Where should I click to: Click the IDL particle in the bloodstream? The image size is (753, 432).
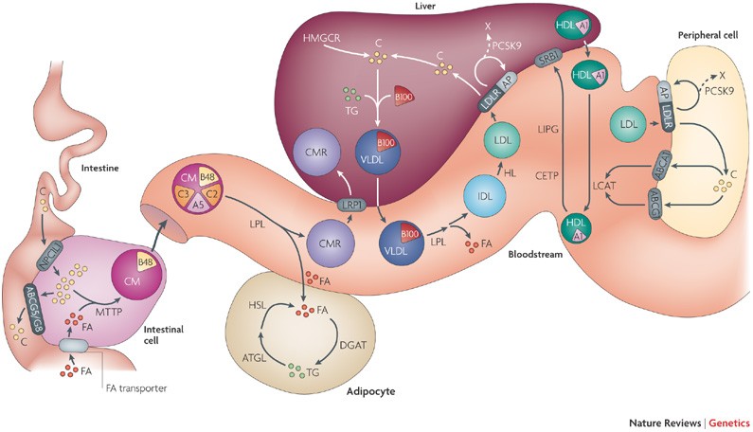click(484, 202)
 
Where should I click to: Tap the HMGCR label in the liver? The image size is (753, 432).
click(294, 38)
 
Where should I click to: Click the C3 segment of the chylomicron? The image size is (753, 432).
click(187, 193)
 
